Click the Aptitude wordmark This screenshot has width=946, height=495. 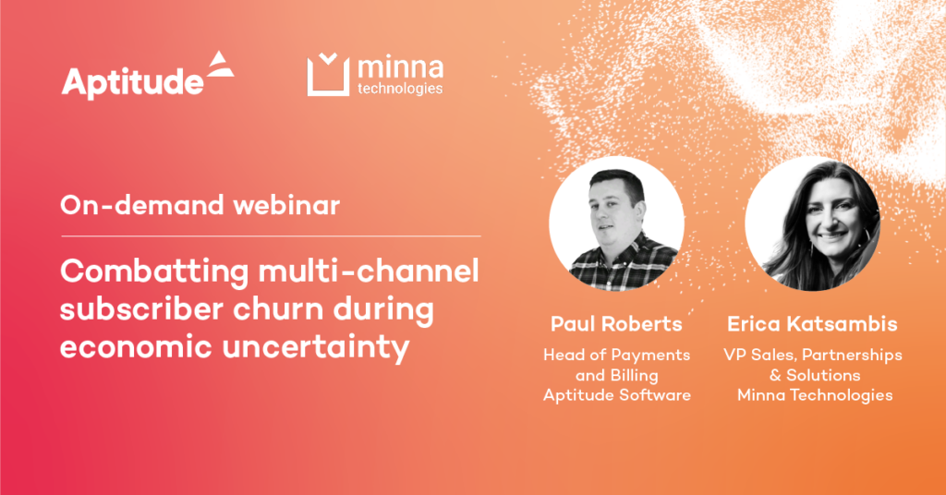pos(133,82)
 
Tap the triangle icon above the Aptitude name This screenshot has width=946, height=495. pos(219,64)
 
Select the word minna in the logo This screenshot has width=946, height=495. pos(399,68)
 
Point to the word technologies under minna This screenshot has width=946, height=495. pos(399,90)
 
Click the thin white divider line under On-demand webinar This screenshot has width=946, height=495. pos(271,236)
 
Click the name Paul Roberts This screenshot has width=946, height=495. pos(616,324)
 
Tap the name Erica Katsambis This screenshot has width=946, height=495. pos(813,324)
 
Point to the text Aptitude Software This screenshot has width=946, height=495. pos(617,395)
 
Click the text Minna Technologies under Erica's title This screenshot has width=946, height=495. pos(814,395)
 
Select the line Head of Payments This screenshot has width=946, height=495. pos(617,355)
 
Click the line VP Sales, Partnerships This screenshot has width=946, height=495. pos(814,355)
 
